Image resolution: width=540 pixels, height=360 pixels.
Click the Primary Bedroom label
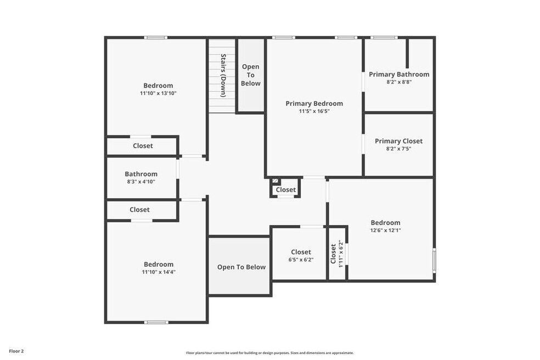click(314, 103)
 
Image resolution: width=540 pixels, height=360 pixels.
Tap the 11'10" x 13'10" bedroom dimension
click(158, 93)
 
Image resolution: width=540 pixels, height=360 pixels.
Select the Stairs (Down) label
click(223, 75)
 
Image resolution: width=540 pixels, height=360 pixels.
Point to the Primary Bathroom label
click(399, 74)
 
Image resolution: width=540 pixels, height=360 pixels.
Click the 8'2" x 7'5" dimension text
click(399, 149)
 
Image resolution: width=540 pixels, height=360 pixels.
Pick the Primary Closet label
click(399, 141)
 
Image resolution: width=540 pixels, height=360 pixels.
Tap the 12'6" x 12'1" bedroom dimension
click(385, 230)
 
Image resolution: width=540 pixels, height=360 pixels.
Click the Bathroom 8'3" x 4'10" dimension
click(141, 182)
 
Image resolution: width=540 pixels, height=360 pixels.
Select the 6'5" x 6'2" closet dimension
click(301, 260)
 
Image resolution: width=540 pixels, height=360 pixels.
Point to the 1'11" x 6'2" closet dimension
click(341, 254)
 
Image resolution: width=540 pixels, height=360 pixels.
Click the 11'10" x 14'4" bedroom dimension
click(159, 272)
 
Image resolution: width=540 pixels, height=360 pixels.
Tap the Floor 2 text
click(16, 351)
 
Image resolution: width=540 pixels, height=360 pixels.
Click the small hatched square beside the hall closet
click(275, 181)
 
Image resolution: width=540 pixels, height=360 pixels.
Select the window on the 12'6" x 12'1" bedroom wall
click(434, 260)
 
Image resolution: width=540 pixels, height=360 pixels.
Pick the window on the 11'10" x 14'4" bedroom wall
click(156, 323)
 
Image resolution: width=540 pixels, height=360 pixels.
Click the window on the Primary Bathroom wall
click(384, 37)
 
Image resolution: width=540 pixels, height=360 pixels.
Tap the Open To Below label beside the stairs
click(251, 75)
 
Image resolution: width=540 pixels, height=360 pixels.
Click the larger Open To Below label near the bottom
click(241, 267)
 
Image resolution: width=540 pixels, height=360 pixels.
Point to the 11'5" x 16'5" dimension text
click(314, 111)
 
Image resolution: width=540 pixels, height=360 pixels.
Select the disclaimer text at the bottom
click(270, 353)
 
